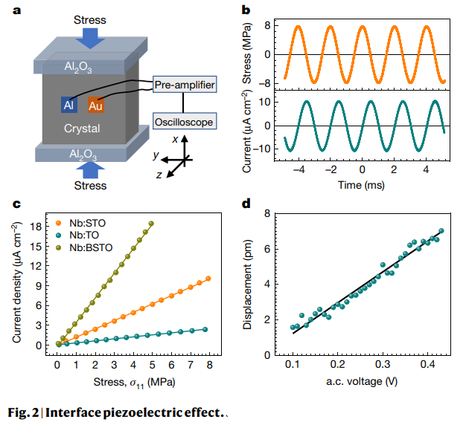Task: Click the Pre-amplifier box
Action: [185, 85]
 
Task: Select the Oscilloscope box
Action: [183, 122]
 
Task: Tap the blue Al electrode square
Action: [68, 105]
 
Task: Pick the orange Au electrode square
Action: [95, 105]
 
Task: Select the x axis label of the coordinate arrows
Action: [174, 139]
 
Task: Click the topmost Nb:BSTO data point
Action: [151, 223]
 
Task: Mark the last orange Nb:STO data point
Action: [208, 279]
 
